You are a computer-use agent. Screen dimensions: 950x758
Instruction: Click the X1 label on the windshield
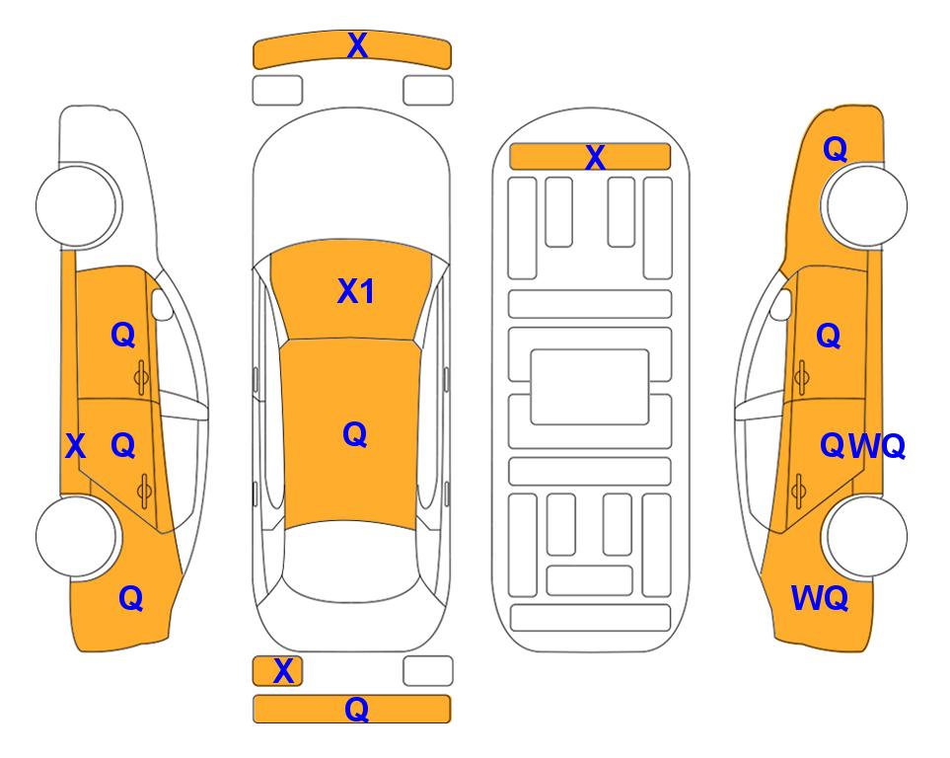[x=356, y=291]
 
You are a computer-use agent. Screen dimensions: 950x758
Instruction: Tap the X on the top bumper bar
[x=357, y=44]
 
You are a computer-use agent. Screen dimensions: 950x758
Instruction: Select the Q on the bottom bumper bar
[x=356, y=709]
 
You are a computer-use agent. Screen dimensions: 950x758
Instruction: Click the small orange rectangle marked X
[x=277, y=671]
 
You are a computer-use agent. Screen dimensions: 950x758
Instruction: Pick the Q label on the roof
[x=355, y=434]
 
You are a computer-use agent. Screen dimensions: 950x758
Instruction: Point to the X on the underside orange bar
[x=595, y=158]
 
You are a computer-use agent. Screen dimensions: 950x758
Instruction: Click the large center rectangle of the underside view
[x=590, y=387]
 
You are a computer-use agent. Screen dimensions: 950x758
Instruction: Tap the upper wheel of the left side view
[x=77, y=204]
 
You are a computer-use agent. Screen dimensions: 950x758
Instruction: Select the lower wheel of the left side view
[x=77, y=536]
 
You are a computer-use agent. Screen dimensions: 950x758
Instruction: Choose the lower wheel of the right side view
[x=864, y=536]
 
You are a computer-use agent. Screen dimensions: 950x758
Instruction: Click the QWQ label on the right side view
[x=862, y=446]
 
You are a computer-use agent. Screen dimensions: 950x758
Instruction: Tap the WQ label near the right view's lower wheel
[x=819, y=598]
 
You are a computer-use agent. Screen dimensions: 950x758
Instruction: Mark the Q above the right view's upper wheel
[x=835, y=149]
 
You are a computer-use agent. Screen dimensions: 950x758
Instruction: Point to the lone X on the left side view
[x=75, y=446]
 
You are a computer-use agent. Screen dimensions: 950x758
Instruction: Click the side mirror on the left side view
[x=162, y=304]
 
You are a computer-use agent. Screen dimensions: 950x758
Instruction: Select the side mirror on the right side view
[x=781, y=304]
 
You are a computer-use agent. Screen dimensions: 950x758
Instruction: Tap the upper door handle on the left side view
[x=141, y=377]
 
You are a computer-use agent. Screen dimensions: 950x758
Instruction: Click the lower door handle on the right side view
[x=799, y=491]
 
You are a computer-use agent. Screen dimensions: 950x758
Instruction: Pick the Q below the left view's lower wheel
[x=131, y=598]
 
